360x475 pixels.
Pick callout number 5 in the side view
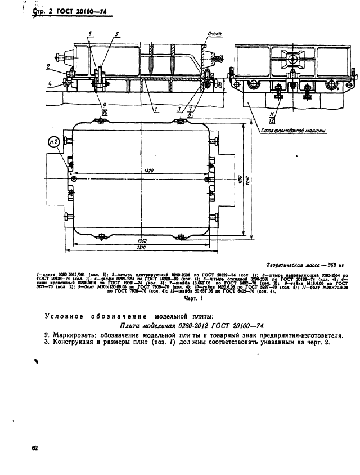coord(117,34)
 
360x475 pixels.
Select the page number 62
coord(35,448)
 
